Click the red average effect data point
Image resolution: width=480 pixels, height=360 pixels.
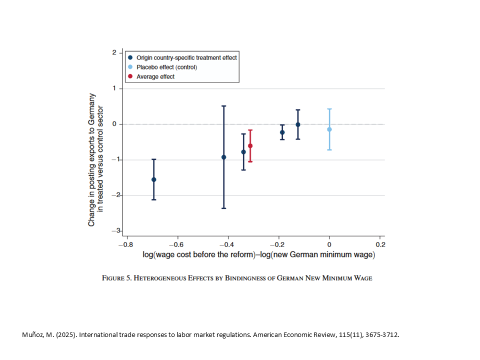[250, 146]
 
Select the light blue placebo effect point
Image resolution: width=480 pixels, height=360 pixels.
[329, 129]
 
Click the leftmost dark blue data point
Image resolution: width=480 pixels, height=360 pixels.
[153, 179]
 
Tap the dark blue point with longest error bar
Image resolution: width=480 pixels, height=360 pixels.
[223, 157]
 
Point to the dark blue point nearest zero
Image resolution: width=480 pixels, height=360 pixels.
[298, 124]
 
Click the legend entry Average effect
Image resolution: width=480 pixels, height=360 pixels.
[155, 76]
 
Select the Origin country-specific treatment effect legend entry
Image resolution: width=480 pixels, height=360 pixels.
[186, 57]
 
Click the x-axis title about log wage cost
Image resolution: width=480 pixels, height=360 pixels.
[258, 255]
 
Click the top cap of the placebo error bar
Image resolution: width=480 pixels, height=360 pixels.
[329, 109]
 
